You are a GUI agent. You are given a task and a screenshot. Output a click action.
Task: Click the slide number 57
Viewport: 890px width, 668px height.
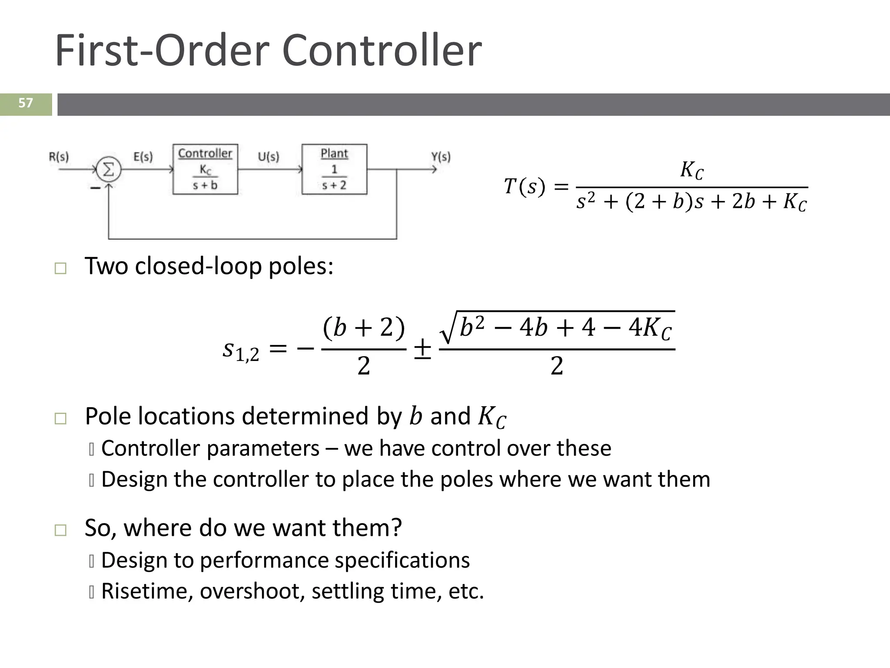pyautogui.click(x=26, y=103)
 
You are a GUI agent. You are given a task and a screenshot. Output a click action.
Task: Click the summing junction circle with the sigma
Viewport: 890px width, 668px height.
pyautogui.click(x=108, y=169)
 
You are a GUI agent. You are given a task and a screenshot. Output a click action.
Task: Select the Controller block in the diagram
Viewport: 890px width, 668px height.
pyautogui.click(x=205, y=169)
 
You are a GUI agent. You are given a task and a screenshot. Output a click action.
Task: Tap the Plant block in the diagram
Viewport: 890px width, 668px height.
pyautogui.click(x=334, y=169)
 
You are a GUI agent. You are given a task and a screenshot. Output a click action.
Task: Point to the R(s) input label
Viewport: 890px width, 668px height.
pyautogui.click(x=59, y=157)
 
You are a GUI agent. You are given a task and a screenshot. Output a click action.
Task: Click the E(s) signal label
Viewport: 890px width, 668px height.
pyautogui.click(x=143, y=157)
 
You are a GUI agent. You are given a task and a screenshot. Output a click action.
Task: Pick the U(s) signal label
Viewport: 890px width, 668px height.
pyautogui.click(x=269, y=157)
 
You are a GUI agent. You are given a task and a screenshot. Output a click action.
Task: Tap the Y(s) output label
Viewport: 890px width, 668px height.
pyautogui.click(x=441, y=157)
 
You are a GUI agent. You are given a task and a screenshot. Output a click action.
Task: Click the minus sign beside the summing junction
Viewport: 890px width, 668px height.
pyautogui.click(x=95, y=188)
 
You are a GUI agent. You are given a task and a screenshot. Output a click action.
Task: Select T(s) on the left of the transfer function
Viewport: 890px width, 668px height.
pyautogui.click(x=524, y=187)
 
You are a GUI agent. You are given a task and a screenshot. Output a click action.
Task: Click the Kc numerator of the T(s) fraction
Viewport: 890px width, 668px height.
pyautogui.click(x=691, y=170)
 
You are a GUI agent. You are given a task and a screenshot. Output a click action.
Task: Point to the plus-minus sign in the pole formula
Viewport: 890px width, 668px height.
pyautogui.click(x=422, y=349)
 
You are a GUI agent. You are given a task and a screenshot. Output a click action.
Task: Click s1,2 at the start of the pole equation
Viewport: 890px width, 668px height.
pyautogui.click(x=241, y=351)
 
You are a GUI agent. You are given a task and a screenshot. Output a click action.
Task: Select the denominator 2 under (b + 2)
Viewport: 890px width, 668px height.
pyautogui.click(x=364, y=366)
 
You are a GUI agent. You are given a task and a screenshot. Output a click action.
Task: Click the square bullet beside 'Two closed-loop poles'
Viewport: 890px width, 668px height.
pyautogui.click(x=60, y=268)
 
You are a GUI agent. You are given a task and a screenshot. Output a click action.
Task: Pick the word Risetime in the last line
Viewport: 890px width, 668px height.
pyautogui.click(x=146, y=591)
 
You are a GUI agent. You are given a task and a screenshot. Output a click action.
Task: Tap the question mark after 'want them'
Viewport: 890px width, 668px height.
pyautogui.click(x=396, y=528)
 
